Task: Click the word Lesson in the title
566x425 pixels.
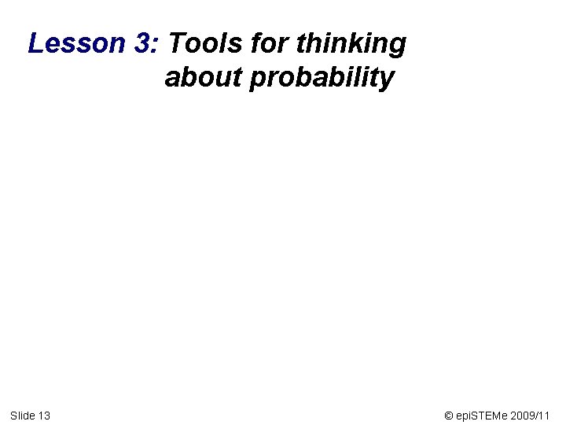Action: point(75,43)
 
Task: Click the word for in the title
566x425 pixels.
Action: point(267,43)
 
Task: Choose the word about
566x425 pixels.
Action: point(203,78)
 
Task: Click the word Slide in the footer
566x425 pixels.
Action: point(22,415)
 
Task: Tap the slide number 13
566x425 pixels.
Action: point(44,415)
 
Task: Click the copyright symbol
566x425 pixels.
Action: point(448,415)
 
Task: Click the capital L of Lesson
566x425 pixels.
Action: point(35,43)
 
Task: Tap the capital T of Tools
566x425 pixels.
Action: point(176,43)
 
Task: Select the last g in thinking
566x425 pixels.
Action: point(399,47)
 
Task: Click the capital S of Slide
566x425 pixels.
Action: point(13,415)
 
